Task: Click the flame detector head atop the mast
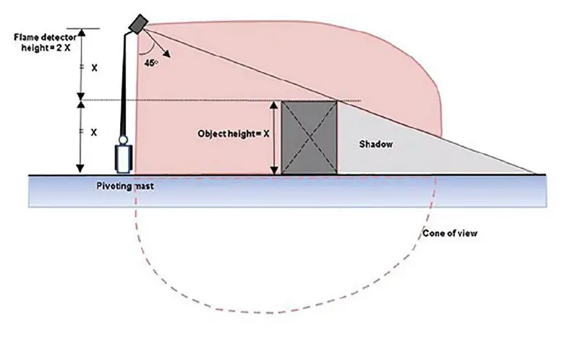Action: [x=137, y=25]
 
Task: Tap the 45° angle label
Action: [x=151, y=63]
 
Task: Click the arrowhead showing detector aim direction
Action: [x=167, y=53]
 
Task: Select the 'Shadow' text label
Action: [x=376, y=145]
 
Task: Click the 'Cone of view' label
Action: [x=450, y=233]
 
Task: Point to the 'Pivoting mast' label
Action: [x=124, y=187]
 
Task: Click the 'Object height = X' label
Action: [x=234, y=134]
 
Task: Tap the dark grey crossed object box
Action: [x=310, y=137]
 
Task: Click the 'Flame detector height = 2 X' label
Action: [x=46, y=42]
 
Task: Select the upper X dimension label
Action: [x=94, y=68]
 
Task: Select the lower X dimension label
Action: [x=94, y=132]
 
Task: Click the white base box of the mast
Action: [x=123, y=158]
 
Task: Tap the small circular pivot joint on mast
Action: [x=123, y=140]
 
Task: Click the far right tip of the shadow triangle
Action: [x=535, y=174]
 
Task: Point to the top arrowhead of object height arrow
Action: [x=274, y=105]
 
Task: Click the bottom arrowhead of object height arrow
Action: [x=274, y=170]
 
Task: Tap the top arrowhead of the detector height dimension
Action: [x=82, y=33]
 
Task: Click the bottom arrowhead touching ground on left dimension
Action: [x=80, y=169]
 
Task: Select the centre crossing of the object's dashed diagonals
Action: [x=310, y=137]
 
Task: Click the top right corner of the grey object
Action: [x=337, y=101]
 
